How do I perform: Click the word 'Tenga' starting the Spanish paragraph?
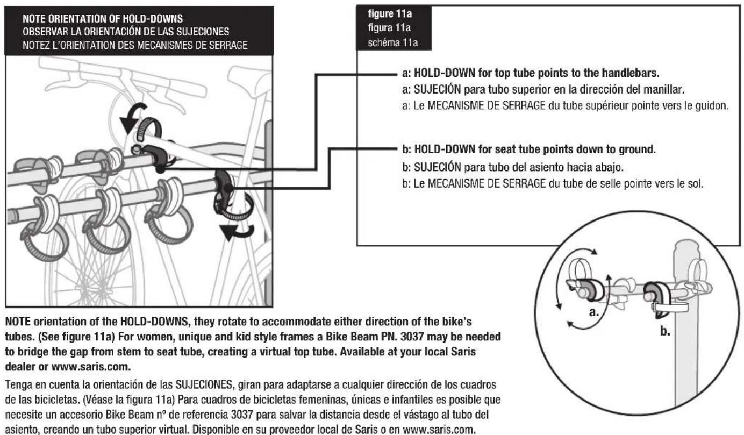click(16, 395)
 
